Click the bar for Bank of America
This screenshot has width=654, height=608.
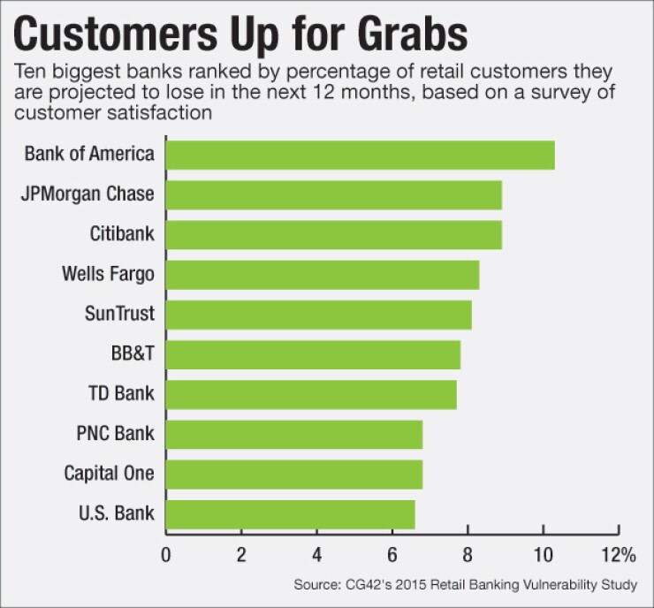coord(360,155)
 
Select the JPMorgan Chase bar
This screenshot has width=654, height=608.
coord(333,194)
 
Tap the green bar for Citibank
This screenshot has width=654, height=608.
coord(333,234)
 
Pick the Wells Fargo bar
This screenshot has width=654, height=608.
coord(322,274)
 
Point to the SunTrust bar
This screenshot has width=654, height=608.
coord(318,315)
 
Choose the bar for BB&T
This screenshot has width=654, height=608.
coord(313,354)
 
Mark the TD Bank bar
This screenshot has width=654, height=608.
coord(311,394)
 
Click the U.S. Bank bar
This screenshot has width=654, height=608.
coord(290,514)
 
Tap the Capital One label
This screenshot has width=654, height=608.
coord(109,474)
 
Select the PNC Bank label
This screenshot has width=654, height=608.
coord(116,434)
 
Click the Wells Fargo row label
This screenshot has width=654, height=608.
coord(109,274)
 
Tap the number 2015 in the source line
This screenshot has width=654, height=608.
coord(429,584)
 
